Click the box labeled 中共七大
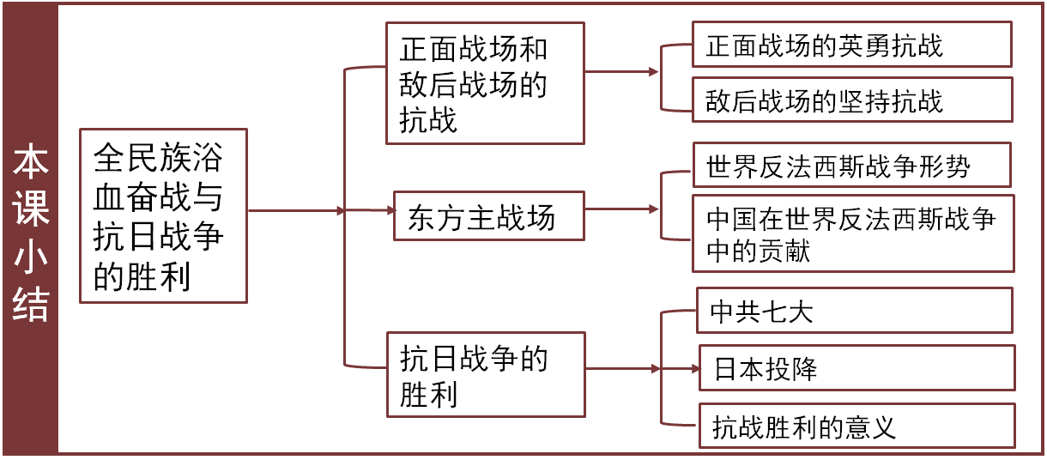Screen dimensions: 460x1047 (x=856, y=311)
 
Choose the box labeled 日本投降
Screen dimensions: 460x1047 (x=856, y=368)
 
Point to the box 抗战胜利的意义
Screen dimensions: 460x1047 (x=856, y=426)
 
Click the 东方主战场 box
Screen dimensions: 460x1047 (x=488, y=216)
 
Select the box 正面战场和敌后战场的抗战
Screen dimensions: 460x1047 (x=485, y=84)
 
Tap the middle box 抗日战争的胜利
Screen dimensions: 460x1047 (x=485, y=374)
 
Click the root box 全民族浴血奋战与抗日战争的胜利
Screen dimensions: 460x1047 (x=163, y=216)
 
